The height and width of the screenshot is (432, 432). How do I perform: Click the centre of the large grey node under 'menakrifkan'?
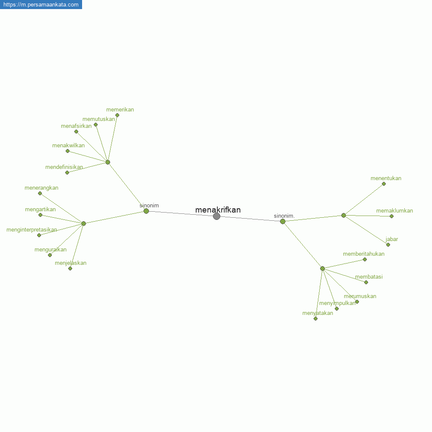coord(216,216)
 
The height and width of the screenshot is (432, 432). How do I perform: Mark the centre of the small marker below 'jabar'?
coord(388,245)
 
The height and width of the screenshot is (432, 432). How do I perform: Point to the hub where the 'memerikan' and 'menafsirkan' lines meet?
coord(108,162)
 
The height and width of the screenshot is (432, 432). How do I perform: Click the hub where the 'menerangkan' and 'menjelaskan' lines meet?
coord(83,223)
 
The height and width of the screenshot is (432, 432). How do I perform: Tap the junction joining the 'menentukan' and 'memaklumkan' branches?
coord(343,216)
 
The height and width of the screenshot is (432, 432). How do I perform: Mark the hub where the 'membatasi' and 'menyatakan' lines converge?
coord(322,268)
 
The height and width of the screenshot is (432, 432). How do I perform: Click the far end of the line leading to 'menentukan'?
coord(384,184)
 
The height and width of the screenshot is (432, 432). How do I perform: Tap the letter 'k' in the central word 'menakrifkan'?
coord(214,210)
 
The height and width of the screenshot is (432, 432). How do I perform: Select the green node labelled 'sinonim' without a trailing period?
coord(146,211)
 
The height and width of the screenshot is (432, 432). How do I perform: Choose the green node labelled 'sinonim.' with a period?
coord(283,221)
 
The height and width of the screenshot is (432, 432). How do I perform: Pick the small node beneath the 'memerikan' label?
coord(117,115)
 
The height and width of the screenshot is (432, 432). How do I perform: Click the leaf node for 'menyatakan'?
coord(315,319)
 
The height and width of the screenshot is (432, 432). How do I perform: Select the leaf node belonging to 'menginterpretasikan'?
coord(39,235)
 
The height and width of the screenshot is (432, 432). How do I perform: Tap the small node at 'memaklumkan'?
coord(391,216)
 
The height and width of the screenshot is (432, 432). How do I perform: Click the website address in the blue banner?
coord(41,5)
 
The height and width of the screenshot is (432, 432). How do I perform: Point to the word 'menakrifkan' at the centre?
coord(218,210)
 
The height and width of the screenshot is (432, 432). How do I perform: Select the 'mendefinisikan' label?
coord(64,167)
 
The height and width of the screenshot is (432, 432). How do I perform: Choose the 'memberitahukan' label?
coord(364,254)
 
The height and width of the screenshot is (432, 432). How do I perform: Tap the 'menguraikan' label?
coord(51,250)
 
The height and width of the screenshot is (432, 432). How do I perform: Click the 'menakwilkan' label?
coord(68,146)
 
